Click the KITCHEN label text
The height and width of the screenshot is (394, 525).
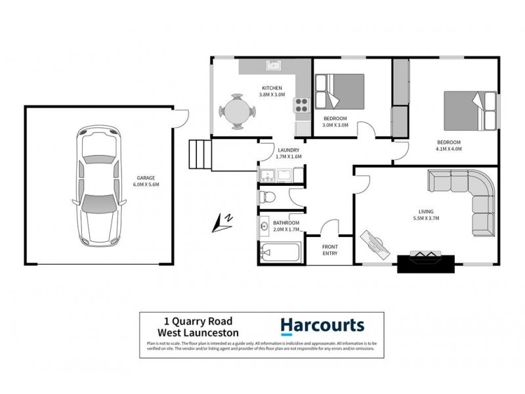tap(272, 88)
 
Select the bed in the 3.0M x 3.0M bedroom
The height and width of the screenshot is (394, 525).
tap(339, 90)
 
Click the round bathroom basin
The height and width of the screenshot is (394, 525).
tap(264, 227)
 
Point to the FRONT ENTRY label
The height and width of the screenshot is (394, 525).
tap(330, 250)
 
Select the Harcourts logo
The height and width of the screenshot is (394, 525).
tap(322, 326)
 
